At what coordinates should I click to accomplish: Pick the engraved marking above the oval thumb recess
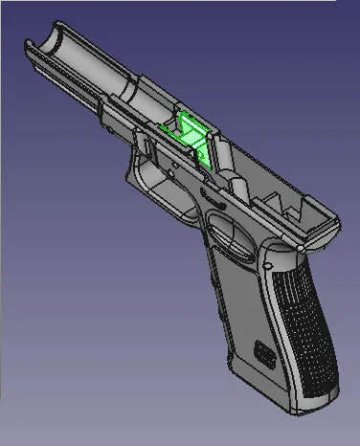click(212, 204)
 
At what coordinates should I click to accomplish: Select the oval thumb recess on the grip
click(224, 231)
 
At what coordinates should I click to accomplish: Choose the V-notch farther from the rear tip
click(281, 198)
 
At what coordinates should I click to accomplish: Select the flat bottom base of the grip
click(278, 392)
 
